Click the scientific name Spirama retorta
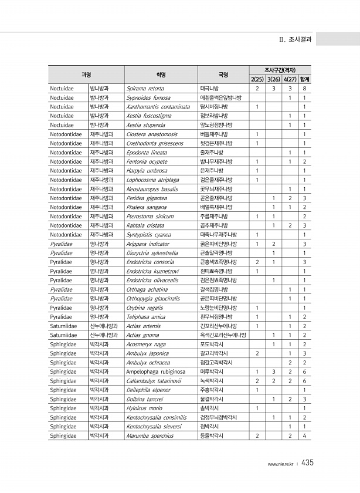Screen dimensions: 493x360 click(x=145, y=88)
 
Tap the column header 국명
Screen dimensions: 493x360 click(x=223, y=75)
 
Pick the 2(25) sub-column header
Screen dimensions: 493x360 click(x=257, y=79)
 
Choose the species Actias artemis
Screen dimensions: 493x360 click(x=143, y=326)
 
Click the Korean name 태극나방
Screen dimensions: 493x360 click(x=209, y=88)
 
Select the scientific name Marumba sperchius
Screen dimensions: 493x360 click(x=150, y=435)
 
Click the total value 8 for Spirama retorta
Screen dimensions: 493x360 click(x=304, y=88)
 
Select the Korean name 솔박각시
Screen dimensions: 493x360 click(x=209, y=408)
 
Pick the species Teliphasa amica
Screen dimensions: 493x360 click(x=145, y=316)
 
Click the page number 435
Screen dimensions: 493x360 click(x=308, y=463)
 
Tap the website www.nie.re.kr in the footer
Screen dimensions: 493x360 click(x=280, y=464)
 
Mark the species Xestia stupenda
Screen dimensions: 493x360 click(x=145, y=124)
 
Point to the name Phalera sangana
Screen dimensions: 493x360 click(x=147, y=207)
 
